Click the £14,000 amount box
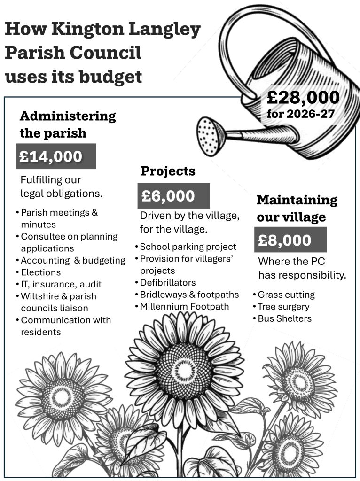56,156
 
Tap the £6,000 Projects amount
173,196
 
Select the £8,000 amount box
290,240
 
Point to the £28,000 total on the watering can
303,98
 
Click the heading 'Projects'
168,171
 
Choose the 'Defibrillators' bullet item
168,283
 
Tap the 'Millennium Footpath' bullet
184,307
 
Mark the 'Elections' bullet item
41,272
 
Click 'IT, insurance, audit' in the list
61,284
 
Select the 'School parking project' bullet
188,247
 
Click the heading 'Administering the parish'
67,124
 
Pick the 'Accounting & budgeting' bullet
73,260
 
